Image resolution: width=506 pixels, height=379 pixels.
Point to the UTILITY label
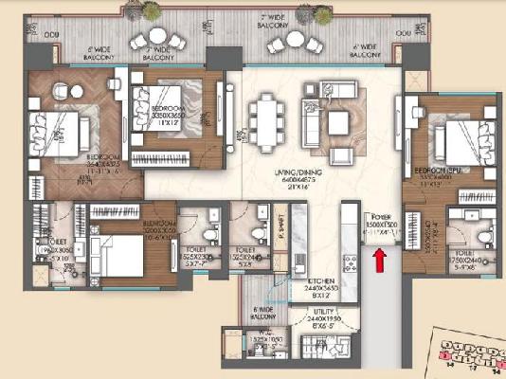[318, 315]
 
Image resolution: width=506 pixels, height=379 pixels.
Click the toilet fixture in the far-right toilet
[482, 233]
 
